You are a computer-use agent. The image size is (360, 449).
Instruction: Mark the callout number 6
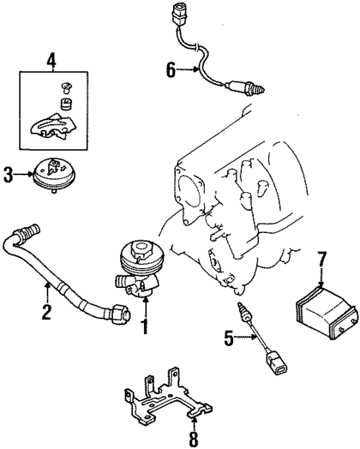click(170, 71)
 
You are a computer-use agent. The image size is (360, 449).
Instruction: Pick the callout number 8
click(193, 438)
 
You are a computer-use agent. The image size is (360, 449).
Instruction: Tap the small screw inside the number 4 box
click(65, 87)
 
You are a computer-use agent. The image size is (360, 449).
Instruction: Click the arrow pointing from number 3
click(24, 176)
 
